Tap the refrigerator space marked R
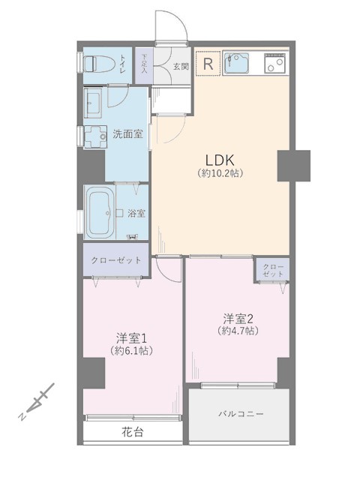(x=208, y=64)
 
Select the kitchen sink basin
(x=236, y=63)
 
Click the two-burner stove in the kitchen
(x=275, y=63)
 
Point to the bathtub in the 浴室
(x=100, y=212)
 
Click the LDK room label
(x=220, y=160)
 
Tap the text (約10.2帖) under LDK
(x=220, y=173)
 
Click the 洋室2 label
(x=238, y=319)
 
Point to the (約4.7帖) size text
(x=238, y=331)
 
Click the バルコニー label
(x=241, y=414)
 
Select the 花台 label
(x=133, y=432)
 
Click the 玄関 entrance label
(x=181, y=66)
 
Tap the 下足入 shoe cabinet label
(x=144, y=64)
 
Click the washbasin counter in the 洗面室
(x=93, y=103)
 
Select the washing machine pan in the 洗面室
(x=95, y=136)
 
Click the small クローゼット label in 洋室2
(x=272, y=270)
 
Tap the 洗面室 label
(x=128, y=133)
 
